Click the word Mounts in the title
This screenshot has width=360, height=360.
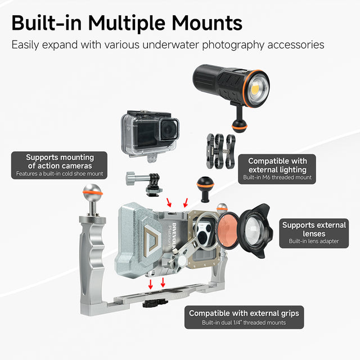click(x=207, y=23)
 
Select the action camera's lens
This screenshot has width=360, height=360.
click(x=169, y=129)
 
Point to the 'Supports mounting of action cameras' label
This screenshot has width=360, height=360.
click(x=59, y=165)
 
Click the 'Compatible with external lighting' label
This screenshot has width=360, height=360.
click(x=277, y=169)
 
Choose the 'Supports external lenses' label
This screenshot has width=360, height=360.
click(x=314, y=233)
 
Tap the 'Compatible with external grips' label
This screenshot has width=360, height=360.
click(x=244, y=317)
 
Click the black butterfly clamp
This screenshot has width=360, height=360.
click(x=220, y=151)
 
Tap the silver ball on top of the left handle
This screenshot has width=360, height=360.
click(x=93, y=192)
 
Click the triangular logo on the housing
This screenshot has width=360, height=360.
click(x=150, y=238)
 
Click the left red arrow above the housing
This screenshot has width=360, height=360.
click(x=169, y=202)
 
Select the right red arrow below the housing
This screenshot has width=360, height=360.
click(x=163, y=282)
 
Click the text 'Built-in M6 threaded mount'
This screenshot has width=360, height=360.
click(x=277, y=178)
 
